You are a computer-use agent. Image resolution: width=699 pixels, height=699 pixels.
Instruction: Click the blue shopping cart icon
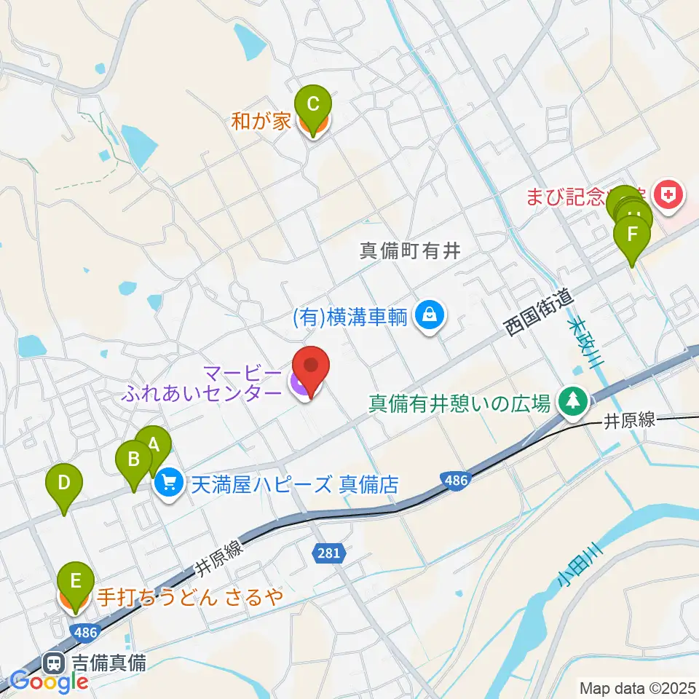169,482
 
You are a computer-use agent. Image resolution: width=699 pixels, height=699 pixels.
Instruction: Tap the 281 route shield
328,553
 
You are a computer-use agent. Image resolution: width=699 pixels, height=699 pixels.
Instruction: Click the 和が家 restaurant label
261,121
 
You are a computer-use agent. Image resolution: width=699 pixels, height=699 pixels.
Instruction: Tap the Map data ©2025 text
637,687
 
